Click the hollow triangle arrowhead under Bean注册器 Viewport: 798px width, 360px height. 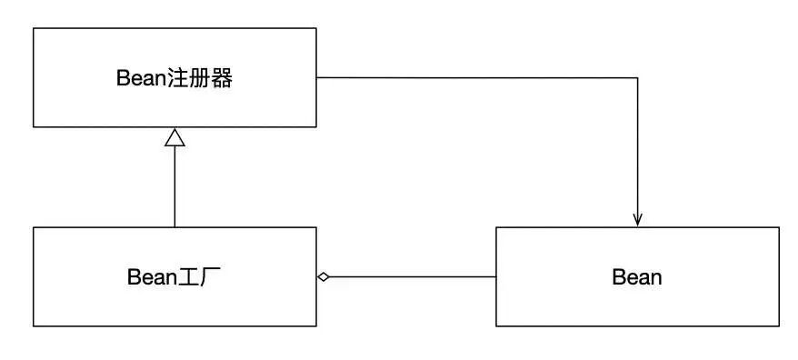point(175,137)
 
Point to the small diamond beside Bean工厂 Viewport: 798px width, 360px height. point(323,276)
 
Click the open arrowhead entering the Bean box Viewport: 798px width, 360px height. point(637,220)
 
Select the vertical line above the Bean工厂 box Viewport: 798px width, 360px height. point(175,186)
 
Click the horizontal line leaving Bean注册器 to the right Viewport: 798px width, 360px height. point(473,77)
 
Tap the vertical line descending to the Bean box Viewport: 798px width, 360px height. point(637,145)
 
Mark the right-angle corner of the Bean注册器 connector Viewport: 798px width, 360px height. point(637,77)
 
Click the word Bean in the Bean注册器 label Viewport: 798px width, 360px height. point(139,78)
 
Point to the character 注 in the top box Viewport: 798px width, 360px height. point(175,78)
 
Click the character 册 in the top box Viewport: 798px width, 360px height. point(198,78)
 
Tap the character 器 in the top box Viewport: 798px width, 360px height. point(222,78)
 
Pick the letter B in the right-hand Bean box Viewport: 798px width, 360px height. point(618,277)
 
